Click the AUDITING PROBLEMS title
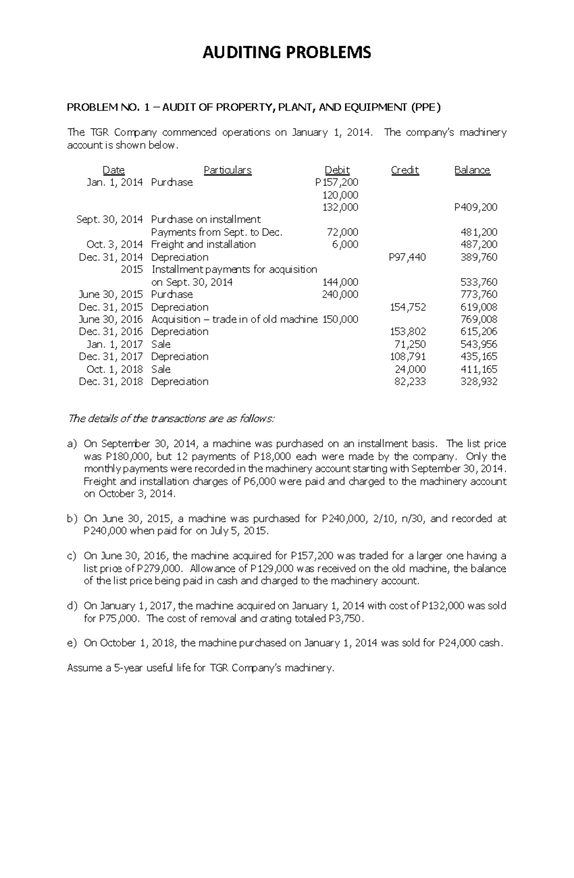(x=287, y=52)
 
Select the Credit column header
(x=405, y=170)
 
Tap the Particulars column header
(x=227, y=170)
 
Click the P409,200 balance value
(x=475, y=207)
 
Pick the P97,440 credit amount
(x=407, y=257)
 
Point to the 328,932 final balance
(x=478, y=381)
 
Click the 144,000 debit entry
(x=341, y=282)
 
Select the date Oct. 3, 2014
(x=114, y=245)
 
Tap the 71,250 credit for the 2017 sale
(x=410, y=344)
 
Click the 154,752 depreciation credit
(x=408, y=307)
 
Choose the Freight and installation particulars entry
(x=203, y=245)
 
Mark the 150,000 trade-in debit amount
(x=341, y=319)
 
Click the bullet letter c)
(x=72, y=556)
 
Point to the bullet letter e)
(x=72, y=643)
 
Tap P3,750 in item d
(x=346, y=618)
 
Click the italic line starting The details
(x=171, y=419)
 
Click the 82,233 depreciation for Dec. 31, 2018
(x=410, y=381)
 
